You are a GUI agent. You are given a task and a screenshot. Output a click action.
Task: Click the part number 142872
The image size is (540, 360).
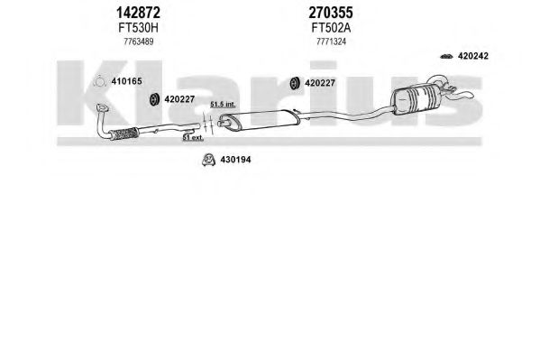pos(138,13)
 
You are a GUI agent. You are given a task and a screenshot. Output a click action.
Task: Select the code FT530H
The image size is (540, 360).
pos(138,28)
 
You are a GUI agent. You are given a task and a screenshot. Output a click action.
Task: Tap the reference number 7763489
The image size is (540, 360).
pos(139,42)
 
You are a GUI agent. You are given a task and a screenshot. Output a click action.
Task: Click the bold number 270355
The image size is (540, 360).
pos(331,13)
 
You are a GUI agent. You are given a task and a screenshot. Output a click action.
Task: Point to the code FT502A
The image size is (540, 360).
pos(331,28)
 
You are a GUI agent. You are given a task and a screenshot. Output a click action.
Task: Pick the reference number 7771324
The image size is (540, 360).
pos(331,42)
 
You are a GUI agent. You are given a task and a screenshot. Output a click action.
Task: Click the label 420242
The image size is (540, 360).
pos(473,56)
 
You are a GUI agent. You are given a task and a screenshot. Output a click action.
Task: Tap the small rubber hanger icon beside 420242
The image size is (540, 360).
pos(446,56)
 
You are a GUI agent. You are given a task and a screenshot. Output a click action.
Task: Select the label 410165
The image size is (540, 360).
pos(126,81)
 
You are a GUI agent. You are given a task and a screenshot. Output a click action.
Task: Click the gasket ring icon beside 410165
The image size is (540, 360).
pos(99,81)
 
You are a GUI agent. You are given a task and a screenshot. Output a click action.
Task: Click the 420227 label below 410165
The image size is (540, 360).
pos(179,99)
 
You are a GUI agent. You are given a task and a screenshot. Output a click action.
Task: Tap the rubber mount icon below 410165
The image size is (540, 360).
pos(154,99)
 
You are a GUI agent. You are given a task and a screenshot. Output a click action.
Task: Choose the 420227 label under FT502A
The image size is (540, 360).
pos(320,83)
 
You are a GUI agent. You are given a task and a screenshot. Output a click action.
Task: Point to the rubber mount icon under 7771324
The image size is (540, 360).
pos(294,83)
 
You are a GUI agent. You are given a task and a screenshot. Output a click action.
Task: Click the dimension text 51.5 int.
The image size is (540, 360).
pos(223,104)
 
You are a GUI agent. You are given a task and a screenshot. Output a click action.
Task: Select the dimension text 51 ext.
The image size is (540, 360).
pos(193,138)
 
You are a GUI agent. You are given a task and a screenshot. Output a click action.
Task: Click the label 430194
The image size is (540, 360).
pos(235,160)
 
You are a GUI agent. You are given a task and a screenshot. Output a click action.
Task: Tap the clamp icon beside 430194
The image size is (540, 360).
pos(208,160)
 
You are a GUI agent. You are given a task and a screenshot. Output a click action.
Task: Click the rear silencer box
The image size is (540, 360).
pos(416,97)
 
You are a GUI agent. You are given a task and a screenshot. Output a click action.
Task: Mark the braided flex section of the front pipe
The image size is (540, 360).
pos(124,134)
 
